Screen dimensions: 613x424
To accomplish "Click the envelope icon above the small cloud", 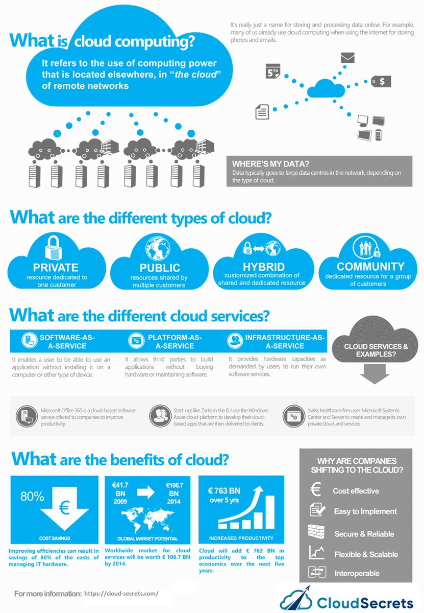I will [x=347, y=58].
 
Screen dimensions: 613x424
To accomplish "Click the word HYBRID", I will [x=263, y=267].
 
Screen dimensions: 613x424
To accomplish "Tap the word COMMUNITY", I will [x=370, y=267].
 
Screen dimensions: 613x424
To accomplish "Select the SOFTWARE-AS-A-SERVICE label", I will [x=67, y=342].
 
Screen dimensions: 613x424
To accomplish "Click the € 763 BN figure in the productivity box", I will [x=223, y=491].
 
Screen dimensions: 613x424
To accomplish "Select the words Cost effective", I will [x=356, y=491].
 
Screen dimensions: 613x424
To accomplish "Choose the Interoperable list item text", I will [x=357, y=573].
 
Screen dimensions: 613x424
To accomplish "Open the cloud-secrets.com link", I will [x=121, y=594].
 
